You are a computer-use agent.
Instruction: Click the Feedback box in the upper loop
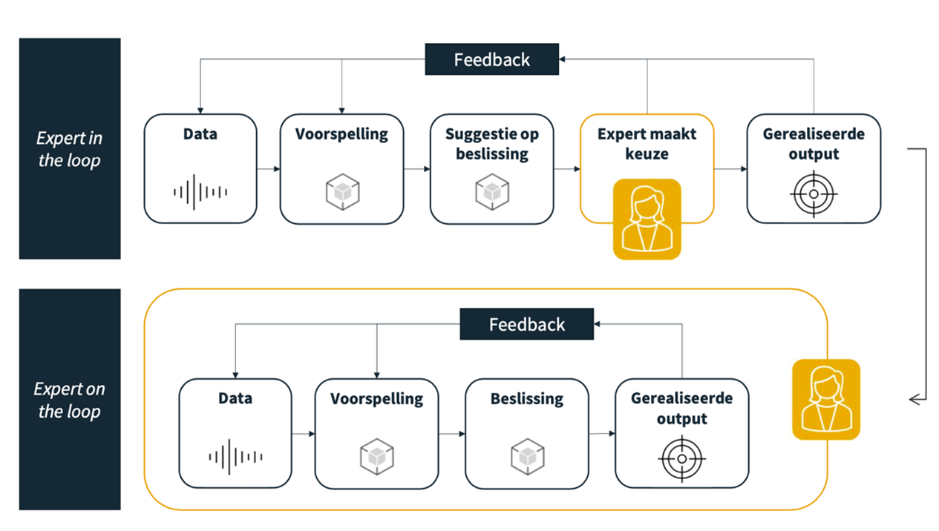point(491,59)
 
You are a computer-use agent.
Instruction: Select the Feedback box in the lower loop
point(526,325)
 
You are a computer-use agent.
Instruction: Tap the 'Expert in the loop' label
point(70,149)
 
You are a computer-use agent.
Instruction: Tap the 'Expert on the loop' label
point(70,400)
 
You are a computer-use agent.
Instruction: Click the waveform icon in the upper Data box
point(200,191)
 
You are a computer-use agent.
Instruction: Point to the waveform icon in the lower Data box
point(235,456)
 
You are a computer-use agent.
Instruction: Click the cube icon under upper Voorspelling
point(342,191)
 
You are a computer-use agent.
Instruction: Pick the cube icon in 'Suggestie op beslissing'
point(491,191)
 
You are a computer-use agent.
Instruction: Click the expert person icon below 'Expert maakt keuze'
point(647,219)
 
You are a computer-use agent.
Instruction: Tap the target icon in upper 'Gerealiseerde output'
point(814,194)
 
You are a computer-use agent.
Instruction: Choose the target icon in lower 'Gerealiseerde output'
point(681,458)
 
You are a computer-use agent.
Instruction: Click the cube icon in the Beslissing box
point(527,457)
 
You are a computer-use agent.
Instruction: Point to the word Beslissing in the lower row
point(527,399)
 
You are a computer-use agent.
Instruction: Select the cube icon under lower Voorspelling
point(376,457)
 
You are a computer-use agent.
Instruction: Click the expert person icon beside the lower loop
point(825,400)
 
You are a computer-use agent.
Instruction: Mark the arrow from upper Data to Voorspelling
point(268,169)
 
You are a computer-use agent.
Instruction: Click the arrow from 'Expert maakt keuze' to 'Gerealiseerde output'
point(730,169)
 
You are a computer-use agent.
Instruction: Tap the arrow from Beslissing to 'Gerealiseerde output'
point(601,433)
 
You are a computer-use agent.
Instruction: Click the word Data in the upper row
point(200,134)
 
